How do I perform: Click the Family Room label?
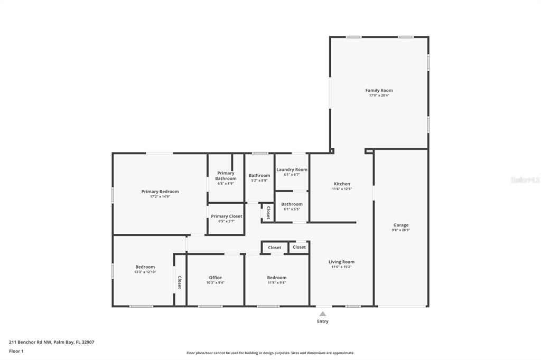pyautogui.click(x=379, y=90)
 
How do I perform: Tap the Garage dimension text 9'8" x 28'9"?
pyautogui.click(x=401, y=230)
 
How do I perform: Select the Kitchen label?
pyautogui.click(x=342, y=184)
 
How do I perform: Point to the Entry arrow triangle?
pyautogui.click(x=323, y=314)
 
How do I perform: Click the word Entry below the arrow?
pyautogui.click(x=323, y=321)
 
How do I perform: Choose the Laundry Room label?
pyautogui.click(x=292, y=169)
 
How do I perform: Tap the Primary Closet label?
pyautogui.click(x=226, y=216)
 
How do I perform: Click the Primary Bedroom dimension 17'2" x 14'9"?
pyautogui.click(x=160, y=196)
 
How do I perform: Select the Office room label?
pyautogui.click(x=215, y=277)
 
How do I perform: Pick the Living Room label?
pyautogui.click(x=341, y=262)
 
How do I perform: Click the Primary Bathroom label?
pyautogui.click(x=226, y=176)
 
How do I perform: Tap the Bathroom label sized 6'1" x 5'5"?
pyautogui.click(x=292, y=204)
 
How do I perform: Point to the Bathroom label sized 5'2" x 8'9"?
pyautogui.click(x=259, y=175)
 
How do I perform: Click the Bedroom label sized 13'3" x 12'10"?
pyautogui.click(x=145, y=267)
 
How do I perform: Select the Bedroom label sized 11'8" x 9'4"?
pyautogui.click(x=276, y=277)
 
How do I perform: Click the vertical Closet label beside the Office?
pyautogui.click(x=180, y=282)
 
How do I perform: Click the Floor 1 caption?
pyautogui.click(x=16, y=351)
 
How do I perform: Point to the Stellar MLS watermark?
pyautogui.click(x=525, y=180)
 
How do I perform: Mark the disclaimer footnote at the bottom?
pyautogui.click(x=270, y=353)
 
